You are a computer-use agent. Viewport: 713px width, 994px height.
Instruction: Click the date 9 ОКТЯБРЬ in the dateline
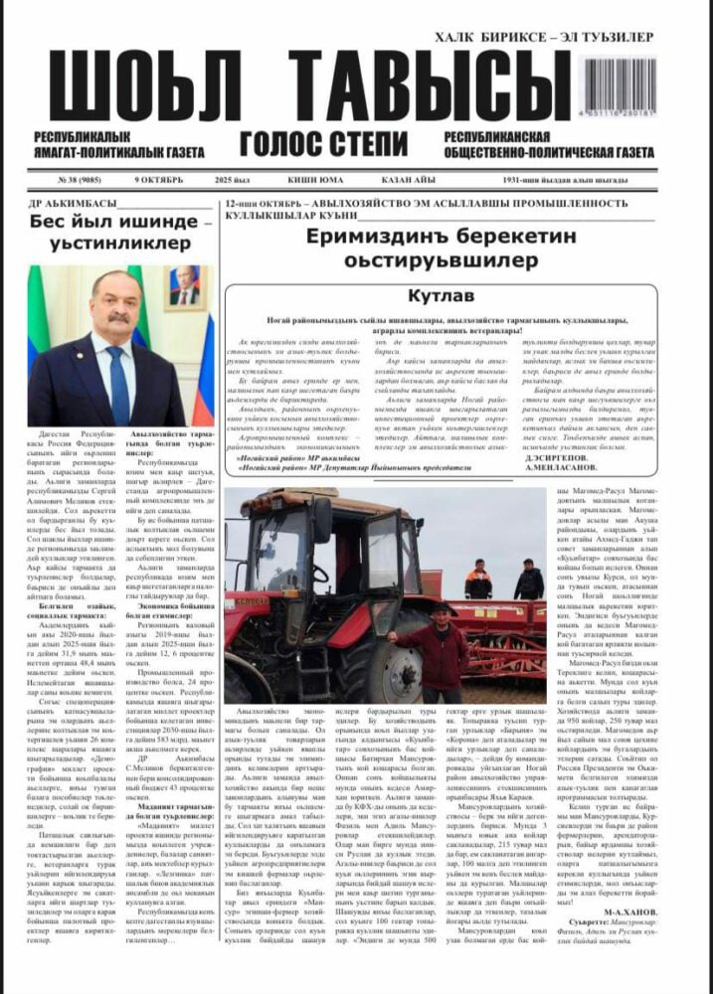[x=157, y=180]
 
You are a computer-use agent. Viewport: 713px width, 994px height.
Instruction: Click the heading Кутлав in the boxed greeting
[x=442, y=296]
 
